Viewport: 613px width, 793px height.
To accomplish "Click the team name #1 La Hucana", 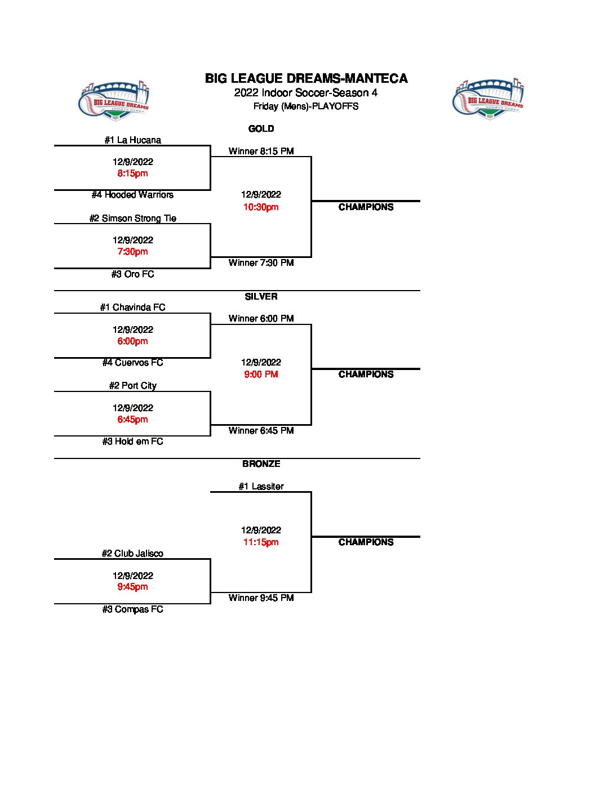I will point(132,140).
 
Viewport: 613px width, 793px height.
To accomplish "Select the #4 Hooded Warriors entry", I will point(132,195).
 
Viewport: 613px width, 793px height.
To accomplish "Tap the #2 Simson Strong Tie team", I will point(132,219).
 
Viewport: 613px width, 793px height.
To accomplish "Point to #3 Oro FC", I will point(132,274).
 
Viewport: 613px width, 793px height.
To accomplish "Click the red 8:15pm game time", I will point(132,173).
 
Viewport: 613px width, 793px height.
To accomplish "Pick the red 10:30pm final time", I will point(261,207).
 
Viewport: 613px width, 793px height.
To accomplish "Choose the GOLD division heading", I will point(261,129).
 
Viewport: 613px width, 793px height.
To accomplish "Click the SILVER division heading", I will point(261,297).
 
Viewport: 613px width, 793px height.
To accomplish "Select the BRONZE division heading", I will point(261,464).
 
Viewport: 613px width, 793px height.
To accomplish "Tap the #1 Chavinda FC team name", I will point(132,308).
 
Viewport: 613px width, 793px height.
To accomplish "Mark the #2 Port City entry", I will point(132,386).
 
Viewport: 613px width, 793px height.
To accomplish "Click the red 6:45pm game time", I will point(132,420).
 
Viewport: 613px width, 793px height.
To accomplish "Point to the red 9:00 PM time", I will point(261,375).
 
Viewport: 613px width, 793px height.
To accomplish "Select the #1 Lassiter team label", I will point(261,487).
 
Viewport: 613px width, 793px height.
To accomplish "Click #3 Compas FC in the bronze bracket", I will point(132,609).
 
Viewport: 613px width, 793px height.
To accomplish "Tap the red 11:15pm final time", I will point(261,542).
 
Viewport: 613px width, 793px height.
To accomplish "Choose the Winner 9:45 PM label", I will point(261,598).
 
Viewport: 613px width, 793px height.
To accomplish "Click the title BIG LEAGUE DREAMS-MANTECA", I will point(306,79).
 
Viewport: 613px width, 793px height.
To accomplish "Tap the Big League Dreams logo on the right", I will point(488,99).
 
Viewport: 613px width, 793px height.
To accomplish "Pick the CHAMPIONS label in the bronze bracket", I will point(366,542).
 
